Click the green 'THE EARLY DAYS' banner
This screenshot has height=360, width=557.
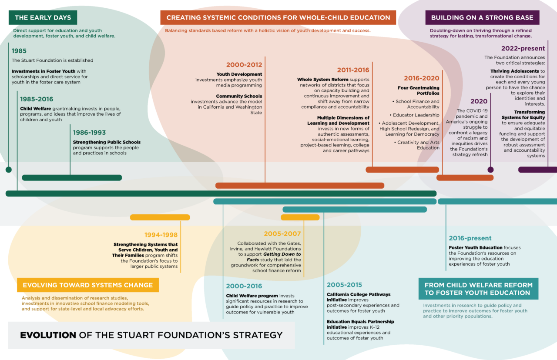click(x=43, y=18)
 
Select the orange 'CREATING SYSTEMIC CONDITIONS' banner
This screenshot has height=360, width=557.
click(x=278, y=18)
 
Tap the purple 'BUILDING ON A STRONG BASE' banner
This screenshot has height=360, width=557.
click(x=482, y=18)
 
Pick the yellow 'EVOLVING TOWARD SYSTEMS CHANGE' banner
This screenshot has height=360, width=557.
click(x=88, y=285)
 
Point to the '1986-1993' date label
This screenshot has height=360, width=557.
click(x=89, y=132)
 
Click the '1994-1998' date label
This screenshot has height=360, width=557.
click(x=161, y=235)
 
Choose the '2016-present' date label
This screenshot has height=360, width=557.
click(x=470, y=238)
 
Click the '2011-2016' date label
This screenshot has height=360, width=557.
click(x=353, y=70)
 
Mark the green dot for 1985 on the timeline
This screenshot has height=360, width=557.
click(x=8, y=170)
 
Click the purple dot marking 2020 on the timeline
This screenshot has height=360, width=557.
click(x=490, y=170)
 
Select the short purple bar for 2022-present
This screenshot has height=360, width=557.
click(x=537, y=170)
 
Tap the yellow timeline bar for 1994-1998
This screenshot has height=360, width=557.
click(x=160, y=217)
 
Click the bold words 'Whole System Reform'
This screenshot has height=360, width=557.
click(x=322, y=80)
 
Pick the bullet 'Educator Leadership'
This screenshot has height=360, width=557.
click(x=416, y=115)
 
